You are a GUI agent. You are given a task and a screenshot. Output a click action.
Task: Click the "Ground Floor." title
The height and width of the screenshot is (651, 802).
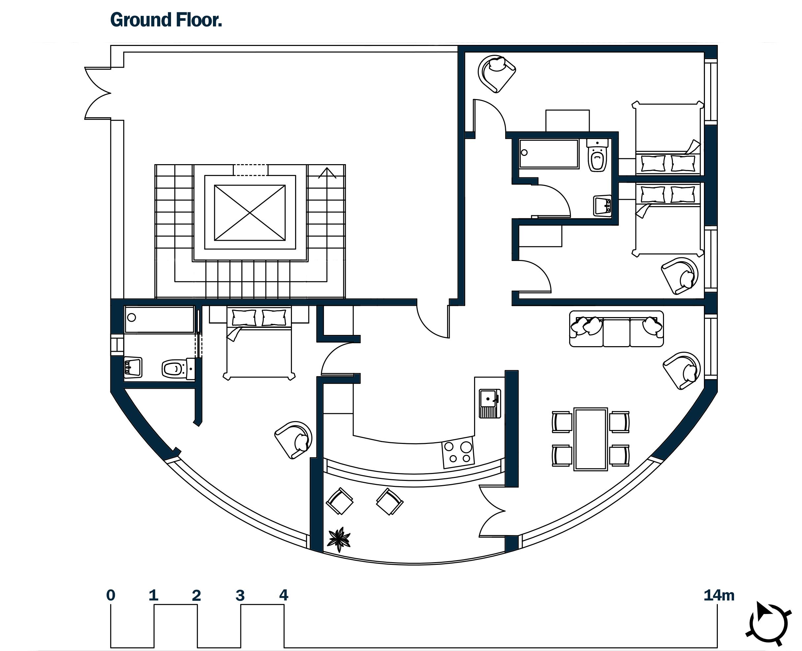pos(166,20)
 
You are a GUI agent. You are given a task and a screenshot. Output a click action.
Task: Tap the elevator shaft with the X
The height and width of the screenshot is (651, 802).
pos(250,213)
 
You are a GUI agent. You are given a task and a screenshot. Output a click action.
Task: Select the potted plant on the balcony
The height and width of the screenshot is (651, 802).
pos(339,540)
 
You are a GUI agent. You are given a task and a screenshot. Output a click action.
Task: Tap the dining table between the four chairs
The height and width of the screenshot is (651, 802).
pos(590,439)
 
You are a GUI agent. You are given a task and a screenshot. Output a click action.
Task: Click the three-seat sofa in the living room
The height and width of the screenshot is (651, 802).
pos(616,329)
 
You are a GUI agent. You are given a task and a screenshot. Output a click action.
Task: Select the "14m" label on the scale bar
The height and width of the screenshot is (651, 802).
pos(719,596)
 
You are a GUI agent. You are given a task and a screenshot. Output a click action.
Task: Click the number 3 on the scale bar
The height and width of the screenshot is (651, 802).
pos(240,596)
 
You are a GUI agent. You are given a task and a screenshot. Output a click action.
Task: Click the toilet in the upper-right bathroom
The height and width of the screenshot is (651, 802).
pos(597,155)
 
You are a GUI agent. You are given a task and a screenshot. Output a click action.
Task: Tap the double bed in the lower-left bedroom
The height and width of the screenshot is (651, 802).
pos(259,343)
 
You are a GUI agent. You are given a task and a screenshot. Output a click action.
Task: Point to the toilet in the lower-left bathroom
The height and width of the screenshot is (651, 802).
pos(178,369)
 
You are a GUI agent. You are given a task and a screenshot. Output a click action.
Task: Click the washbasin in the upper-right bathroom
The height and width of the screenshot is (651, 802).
pos(603,205)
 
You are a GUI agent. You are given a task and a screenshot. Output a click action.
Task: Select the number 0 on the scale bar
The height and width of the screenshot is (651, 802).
pos(111,596)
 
